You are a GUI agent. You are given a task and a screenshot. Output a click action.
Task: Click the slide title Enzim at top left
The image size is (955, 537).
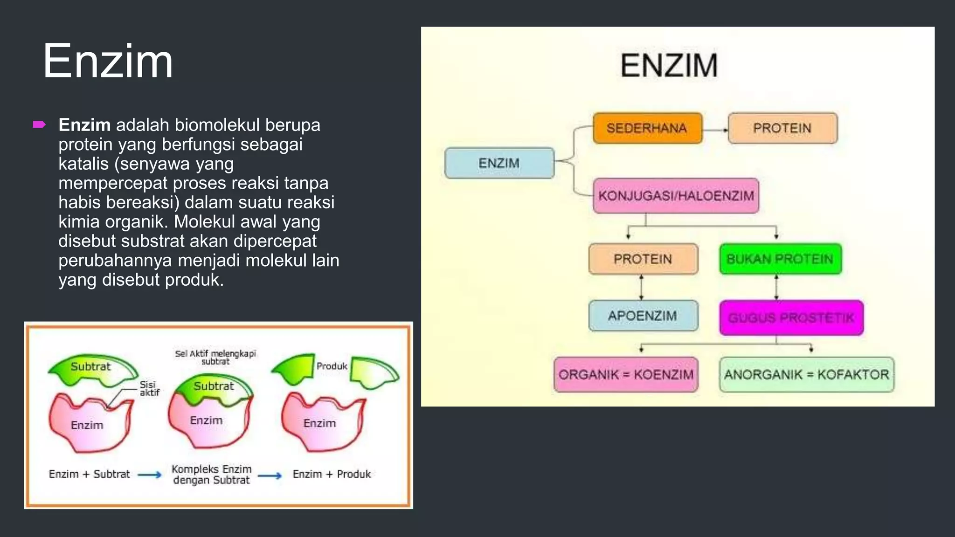108,61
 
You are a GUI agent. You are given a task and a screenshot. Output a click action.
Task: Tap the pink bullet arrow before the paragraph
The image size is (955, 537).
39,124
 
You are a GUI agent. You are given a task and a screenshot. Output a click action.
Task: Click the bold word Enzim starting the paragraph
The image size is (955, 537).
84,125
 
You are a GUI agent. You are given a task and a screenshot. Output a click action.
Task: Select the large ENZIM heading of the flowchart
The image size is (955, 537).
669,65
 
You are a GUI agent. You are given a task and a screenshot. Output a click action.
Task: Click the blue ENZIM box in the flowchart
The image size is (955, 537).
499,163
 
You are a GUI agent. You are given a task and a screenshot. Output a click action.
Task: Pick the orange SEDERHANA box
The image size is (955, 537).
647,128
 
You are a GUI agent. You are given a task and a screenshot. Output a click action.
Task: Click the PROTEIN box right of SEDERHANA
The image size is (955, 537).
782,128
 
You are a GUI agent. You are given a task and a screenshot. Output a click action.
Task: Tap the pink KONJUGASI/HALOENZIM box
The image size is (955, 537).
676,196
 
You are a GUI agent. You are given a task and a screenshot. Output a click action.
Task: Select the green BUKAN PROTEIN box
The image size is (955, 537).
780,259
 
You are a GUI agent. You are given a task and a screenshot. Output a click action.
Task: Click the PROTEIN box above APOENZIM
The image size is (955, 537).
643,259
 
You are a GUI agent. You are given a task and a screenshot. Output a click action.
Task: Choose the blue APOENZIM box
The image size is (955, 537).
643,316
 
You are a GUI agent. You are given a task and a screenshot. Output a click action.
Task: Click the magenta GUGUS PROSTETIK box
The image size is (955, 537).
791,318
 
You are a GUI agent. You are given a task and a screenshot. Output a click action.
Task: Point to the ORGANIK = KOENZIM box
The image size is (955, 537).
626,374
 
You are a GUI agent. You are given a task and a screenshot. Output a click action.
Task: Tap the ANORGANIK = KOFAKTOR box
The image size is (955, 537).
806,374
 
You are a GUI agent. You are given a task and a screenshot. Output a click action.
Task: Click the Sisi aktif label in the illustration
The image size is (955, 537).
149,388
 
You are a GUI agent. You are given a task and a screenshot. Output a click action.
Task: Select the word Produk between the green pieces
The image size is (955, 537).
332,366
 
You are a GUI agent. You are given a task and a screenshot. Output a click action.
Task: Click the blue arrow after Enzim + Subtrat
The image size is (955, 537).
150,475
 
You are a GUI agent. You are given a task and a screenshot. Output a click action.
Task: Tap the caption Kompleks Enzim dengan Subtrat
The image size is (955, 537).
211,475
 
